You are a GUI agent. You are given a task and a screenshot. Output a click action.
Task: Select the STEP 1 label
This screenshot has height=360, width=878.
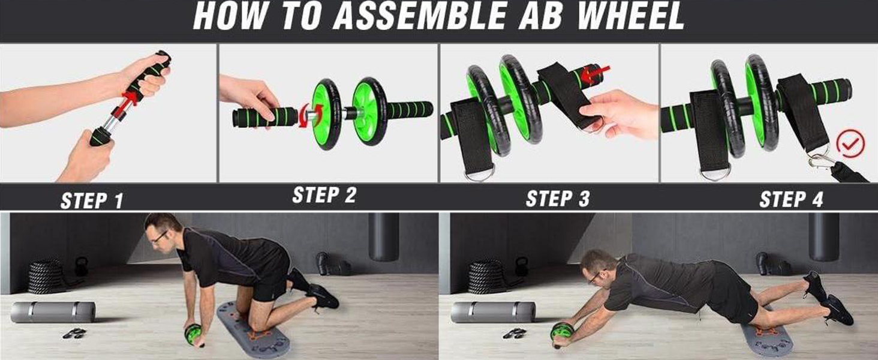tap(92, 200)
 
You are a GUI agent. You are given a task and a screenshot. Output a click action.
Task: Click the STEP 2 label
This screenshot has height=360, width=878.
tap(324, 195)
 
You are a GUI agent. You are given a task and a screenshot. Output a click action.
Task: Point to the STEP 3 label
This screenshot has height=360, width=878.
tap(557, 199)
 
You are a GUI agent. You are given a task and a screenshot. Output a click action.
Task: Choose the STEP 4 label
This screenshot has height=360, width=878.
tap(791, 199)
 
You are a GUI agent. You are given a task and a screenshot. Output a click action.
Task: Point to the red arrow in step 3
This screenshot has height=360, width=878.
tap(596, 74)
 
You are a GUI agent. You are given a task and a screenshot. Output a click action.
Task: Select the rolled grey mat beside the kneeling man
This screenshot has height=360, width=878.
tap(53, 312)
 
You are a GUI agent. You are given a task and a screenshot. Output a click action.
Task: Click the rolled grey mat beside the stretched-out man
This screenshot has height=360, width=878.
tap(493, 312)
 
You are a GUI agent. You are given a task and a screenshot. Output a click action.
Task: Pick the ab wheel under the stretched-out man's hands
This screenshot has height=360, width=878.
tap(562, 335)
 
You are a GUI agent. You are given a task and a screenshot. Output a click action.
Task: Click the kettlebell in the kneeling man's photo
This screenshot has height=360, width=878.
tap(82, 266)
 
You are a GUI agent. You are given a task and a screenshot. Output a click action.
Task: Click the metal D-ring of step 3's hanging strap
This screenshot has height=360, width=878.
tap(479, 175)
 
